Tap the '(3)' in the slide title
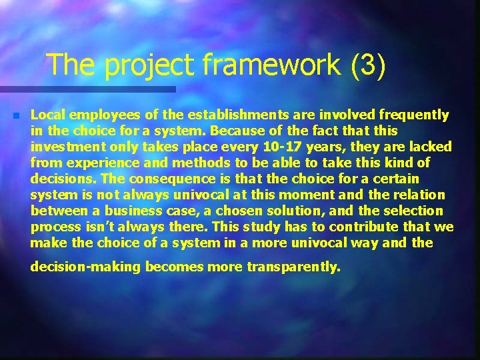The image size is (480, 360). (365, 65)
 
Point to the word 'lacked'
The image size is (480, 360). (430, 147)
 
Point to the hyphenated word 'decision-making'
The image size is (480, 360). (87, 267)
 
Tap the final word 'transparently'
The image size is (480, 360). (293, 267)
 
